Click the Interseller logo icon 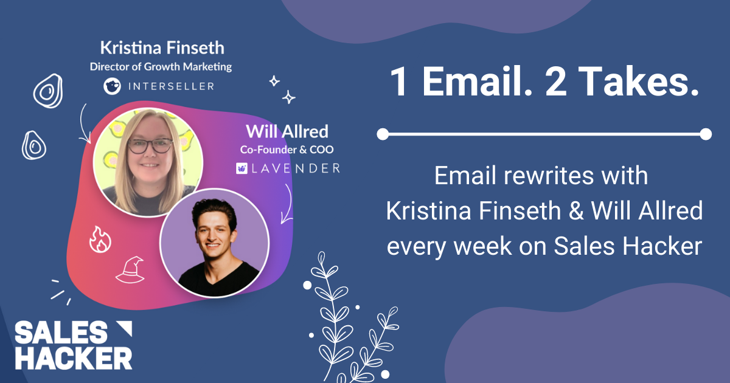tap(111, 86)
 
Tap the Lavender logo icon tap(242, 168)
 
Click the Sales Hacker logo tap(73, 345)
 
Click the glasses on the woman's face tap(150, 147)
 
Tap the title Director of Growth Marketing tap(161, 66)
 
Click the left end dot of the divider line tap(383, 134)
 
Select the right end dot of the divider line tap(705, 134)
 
